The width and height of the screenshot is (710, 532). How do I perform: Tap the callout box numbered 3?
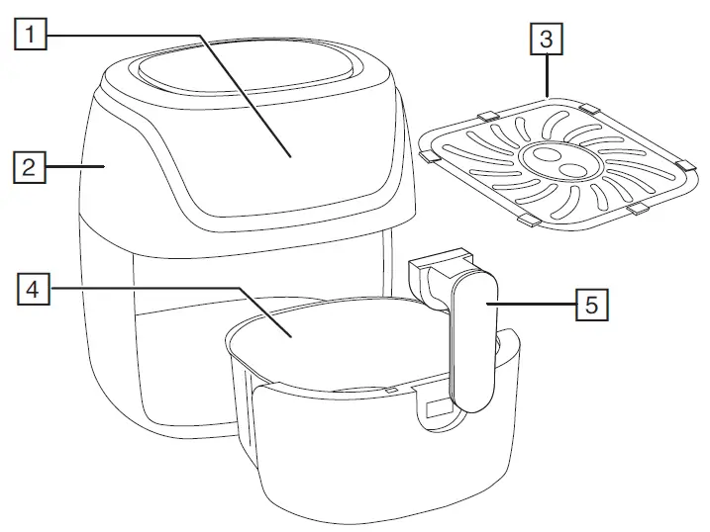546,42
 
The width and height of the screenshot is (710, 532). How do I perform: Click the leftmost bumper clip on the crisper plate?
429,156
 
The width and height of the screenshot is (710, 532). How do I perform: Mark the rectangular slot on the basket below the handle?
437,406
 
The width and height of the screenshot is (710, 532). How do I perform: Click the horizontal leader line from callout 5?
535,305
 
